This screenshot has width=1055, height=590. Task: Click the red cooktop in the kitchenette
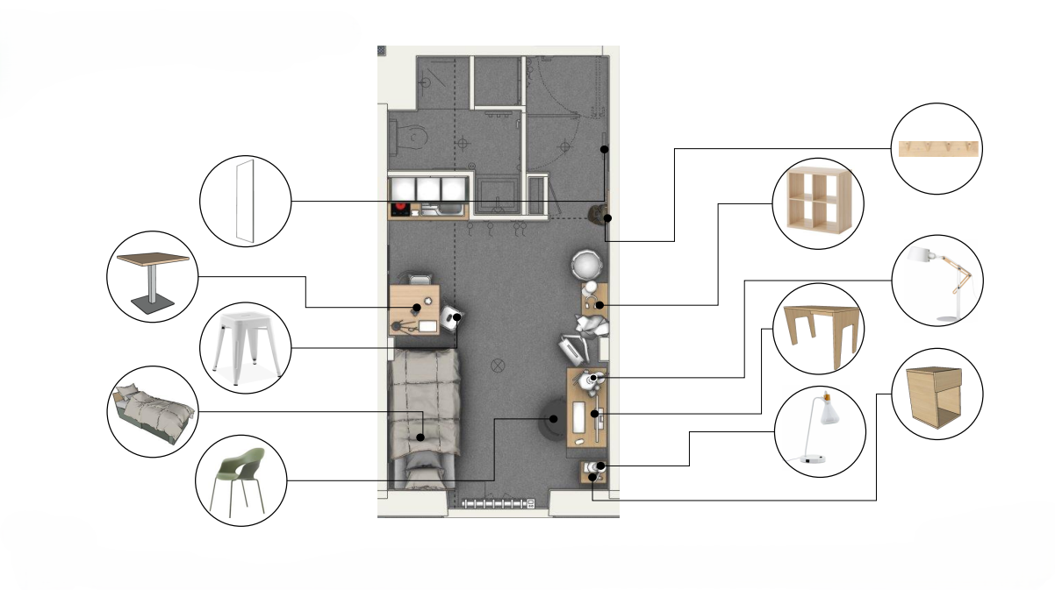click(401, 209)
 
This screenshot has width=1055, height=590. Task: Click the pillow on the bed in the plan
click(425, 477)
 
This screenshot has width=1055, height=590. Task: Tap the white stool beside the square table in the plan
click(453, 317)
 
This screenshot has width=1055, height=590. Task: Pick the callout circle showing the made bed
click(152, 410)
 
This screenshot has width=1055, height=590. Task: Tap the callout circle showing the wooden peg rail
click(937, 148)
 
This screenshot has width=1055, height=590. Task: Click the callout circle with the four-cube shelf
click(817, 203)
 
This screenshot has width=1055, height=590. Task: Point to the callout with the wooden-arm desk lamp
click(937, 281)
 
